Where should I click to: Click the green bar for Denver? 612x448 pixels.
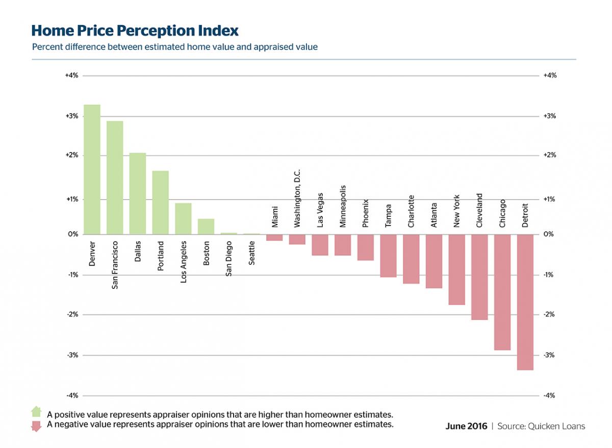tap(92, 169)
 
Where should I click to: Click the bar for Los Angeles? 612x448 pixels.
tap(183, 218)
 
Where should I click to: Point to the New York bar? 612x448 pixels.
tap(456, 269)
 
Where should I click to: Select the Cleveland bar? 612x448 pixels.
tap(479, 277)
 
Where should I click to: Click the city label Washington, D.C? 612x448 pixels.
tap(297, 198)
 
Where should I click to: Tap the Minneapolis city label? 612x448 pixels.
tap(343, 206)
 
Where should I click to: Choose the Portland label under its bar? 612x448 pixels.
tap(160, 256)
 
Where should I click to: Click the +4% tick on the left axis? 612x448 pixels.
tap(71, 76)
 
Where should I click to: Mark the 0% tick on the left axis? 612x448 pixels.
tap(73, 234)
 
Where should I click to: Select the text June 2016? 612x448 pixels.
tap(466, 426)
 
